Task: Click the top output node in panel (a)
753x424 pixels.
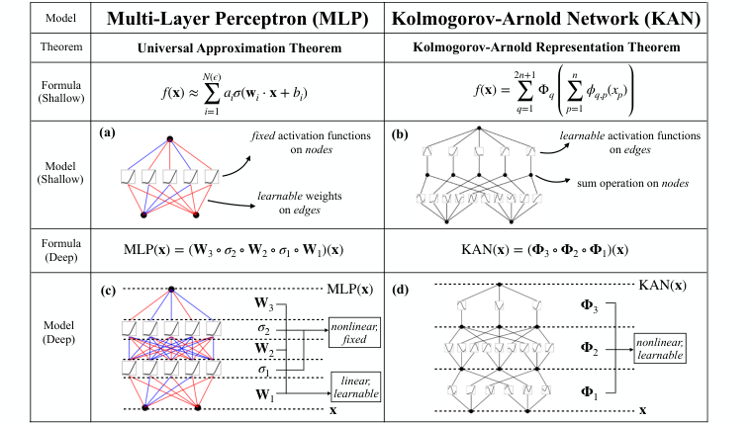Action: point(170,137)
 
